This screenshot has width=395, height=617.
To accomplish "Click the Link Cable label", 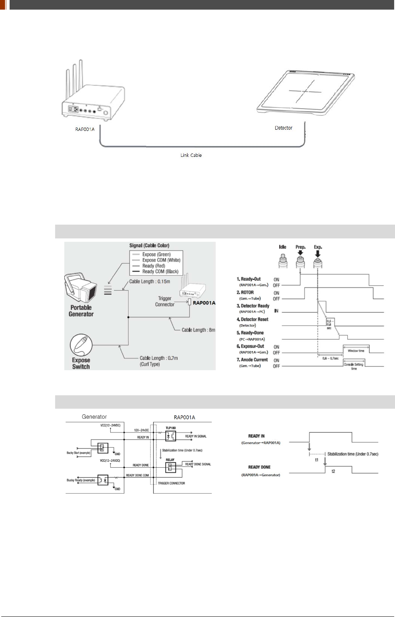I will tap(191, 155).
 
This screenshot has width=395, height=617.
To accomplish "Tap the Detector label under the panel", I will tap(284, 128).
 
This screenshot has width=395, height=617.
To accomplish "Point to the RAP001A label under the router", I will tap(85, 129).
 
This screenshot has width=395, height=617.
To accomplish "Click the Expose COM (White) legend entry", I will tap(161, 260).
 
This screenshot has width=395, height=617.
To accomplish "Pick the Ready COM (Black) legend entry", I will tap(160, 271).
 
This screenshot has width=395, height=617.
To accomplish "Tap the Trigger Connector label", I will tap(165, 302).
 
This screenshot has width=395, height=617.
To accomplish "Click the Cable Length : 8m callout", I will tap(198, 330).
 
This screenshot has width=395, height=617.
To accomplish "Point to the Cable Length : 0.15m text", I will tap(149, 282).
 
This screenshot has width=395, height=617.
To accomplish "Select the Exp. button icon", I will tap(318, 261).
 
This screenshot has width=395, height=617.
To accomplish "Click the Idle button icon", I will tap(283, 261).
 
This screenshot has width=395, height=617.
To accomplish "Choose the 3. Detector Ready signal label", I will tap(253, 306).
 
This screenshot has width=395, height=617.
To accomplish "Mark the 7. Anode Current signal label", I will tap(252, 360).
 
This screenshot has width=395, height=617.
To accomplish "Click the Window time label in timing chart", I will tap(356, 351).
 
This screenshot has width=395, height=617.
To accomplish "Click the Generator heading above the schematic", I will tap(94, 417).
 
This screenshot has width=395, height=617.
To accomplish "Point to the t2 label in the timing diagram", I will tap(333, 471).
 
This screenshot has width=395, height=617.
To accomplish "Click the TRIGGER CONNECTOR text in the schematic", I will tap(171, 483).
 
